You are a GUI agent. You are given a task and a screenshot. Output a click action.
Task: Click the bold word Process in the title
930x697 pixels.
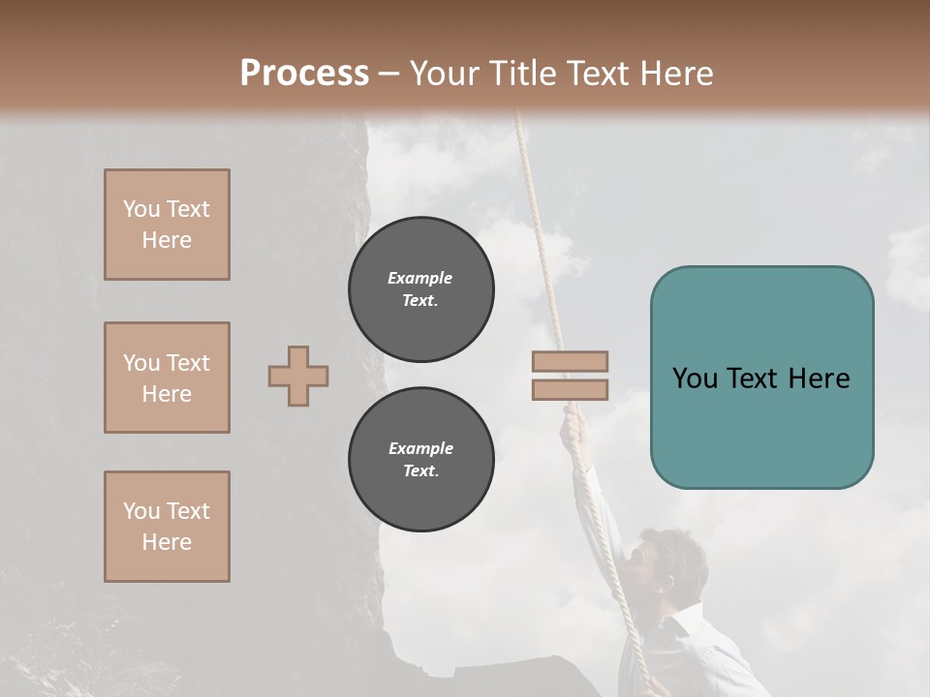304,74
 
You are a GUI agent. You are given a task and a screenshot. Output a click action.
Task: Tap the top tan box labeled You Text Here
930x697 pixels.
167,225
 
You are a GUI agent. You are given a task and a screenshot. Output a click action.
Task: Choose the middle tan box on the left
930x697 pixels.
167,378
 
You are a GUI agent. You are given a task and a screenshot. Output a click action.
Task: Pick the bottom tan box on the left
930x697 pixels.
167,527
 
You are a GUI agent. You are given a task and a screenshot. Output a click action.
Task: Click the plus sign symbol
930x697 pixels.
298,376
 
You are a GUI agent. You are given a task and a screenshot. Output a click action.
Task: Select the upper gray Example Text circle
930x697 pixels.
420,289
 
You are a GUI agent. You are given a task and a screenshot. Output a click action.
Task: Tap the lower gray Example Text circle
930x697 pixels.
420,460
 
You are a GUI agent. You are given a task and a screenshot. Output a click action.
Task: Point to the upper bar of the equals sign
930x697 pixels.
571,361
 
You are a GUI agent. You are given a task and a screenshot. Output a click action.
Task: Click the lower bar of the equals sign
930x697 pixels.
571,389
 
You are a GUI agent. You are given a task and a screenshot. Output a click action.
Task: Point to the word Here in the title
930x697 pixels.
672,74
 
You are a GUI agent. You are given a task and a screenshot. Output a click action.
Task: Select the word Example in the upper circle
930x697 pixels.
420,278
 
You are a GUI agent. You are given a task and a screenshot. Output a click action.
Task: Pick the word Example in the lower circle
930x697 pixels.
420,448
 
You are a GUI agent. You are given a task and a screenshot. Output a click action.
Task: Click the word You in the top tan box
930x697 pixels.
140,209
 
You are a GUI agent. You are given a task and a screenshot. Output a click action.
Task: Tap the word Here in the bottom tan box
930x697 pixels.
167,542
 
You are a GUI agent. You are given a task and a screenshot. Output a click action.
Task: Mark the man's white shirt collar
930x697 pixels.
678,624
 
